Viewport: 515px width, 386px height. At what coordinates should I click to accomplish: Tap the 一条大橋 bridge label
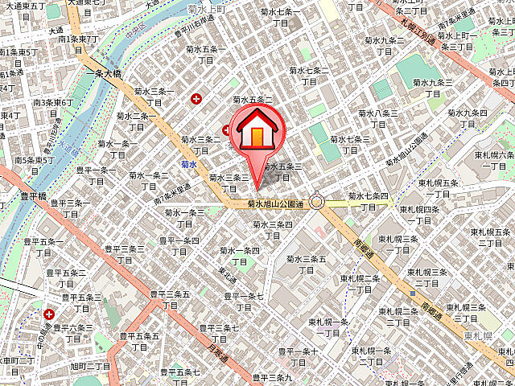point(105,72)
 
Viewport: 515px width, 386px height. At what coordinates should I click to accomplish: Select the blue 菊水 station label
point(189,164)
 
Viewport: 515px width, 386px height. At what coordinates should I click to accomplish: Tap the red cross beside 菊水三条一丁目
point(196,99)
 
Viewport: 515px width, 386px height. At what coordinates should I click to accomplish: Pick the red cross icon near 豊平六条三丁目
point(50,314)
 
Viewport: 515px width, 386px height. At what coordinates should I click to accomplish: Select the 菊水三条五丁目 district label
point(307,265)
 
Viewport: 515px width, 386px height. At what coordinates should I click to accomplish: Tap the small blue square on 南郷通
point(413,283)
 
